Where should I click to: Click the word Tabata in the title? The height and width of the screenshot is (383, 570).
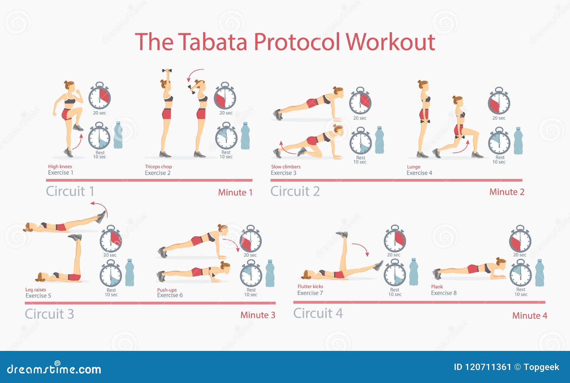point(212,42)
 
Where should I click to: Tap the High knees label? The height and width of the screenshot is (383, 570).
point(60,167)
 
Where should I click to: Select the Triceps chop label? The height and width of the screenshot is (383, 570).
point(158,167)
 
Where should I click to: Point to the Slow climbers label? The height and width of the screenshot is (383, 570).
point(285,167)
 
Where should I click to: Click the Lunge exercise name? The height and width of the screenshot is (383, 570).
point(414,167)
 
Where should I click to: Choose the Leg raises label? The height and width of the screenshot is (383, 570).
point(36,290)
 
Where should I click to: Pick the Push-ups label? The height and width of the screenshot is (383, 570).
point(167,290)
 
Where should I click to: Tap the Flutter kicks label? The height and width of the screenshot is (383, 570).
point(310,286)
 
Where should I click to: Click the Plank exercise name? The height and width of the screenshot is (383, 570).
point(437,286)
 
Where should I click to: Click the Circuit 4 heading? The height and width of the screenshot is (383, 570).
point(318,313)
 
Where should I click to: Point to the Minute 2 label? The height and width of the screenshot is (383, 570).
point(507,192)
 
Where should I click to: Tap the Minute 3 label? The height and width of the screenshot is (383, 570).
point(258,315)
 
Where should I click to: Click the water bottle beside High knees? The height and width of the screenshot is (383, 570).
point(118,135)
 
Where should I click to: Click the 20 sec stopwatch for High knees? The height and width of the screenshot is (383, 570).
point(99,97)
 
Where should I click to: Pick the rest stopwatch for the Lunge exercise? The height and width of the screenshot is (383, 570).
point(499,142)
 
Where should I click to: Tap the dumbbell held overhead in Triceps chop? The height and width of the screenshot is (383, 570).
point(167,71)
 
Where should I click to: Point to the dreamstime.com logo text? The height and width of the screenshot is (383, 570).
point(54,369)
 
